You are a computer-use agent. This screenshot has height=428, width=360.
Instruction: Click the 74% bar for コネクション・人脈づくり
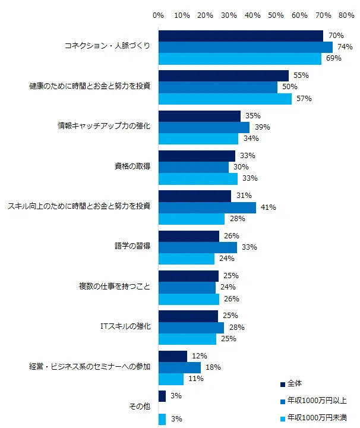pos(245,47)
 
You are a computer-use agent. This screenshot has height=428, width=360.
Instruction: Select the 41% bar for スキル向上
pos(207,207)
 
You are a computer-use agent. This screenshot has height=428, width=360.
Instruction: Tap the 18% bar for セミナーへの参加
pos(179,367)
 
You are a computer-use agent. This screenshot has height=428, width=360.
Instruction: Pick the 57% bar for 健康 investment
pos(225,99)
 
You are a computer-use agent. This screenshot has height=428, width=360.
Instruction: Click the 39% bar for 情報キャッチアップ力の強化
pos(204,127)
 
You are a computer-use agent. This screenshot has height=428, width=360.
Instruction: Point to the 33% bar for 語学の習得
pos(197,247)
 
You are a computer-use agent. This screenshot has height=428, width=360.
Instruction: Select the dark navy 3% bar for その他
pos(162,396)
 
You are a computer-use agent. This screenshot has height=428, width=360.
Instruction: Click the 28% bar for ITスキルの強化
pos(191,328)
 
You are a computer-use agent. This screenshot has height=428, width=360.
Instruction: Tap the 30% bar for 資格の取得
pos(194,167)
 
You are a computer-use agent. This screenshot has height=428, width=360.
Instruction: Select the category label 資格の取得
pos(132,167)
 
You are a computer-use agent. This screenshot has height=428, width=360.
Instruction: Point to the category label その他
pos(140,407)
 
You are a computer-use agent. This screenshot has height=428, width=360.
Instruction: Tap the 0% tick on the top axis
pos(159,14)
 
